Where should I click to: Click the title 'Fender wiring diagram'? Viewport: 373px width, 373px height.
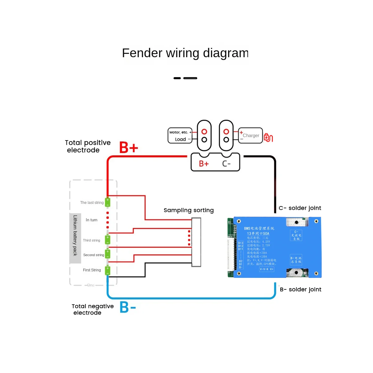tap(185, 53)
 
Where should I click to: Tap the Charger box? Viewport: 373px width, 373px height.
tap(251, 136)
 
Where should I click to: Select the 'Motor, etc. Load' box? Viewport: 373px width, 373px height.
tap(180, 136)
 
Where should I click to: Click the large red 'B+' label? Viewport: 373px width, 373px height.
tap(129, 148)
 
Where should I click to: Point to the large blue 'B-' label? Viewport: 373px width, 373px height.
tap(128, 307)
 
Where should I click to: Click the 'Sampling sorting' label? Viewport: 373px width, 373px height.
tap(189, 210)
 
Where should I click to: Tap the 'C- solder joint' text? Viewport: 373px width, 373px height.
tap(300, 208)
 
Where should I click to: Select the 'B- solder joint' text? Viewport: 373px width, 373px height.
tap(301, 289)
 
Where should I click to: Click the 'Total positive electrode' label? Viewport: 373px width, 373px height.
tap(87, 146)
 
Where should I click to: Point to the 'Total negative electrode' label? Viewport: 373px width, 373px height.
tap(92, 309)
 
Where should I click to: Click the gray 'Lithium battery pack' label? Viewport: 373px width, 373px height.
tap(75, 235)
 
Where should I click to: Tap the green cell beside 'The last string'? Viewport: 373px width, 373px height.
tap(108, 202)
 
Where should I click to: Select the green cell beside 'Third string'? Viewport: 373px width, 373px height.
tap(108, 240)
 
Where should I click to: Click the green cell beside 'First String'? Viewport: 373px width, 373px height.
tap(108, 270)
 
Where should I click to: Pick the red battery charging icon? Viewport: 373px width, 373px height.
tap(268, 137)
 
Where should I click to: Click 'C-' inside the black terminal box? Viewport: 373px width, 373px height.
tap(226, 163)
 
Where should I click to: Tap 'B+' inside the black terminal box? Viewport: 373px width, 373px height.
tap(204, 163)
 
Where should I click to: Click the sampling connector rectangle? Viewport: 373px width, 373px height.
tap(196, 242)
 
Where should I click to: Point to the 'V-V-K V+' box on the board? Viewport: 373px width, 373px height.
tap(267, 269)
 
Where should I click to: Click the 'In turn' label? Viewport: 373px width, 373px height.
tap(91, 220)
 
